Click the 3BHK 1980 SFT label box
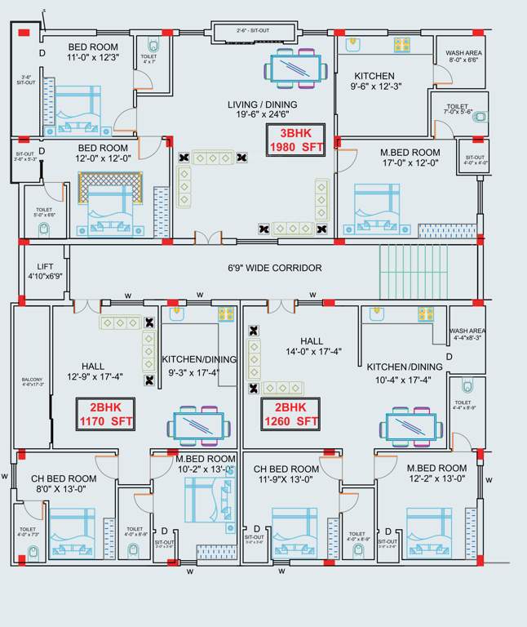click(296, 140)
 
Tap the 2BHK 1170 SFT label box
click(105, 414)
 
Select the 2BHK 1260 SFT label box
click(290, 414)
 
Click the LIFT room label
click(45, 271)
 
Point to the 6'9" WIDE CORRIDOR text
click(274, 268)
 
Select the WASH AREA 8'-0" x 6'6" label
click(463, 56)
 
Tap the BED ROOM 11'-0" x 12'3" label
click(94, 52)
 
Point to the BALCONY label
click(31, 383)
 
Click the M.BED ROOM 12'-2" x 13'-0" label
click(436, 473)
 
